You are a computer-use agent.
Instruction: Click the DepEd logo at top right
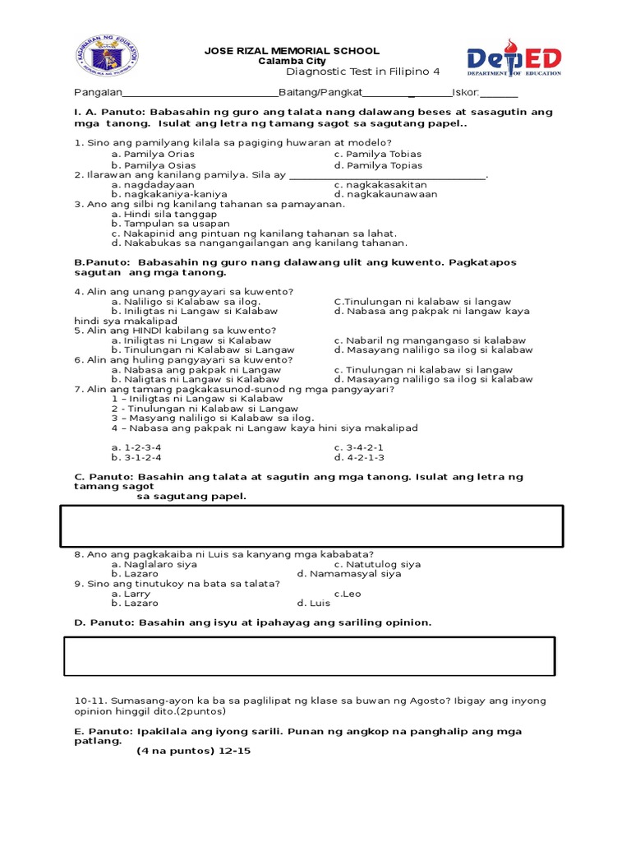click(514, 58)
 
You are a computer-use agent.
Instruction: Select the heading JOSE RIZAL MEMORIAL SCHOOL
click(292, 51)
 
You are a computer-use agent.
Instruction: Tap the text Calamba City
click(292, 62)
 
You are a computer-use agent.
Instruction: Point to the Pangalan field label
click(99, 93)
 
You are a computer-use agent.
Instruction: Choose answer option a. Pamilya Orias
click(154, 155)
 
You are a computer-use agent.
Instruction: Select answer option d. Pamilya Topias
click(378, 165)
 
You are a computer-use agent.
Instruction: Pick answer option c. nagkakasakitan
click(380, 185)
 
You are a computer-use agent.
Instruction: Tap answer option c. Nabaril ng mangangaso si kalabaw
click(430, 340)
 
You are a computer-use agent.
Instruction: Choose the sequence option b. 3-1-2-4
click(136, 457)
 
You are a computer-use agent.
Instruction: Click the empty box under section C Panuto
click(311, 526)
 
